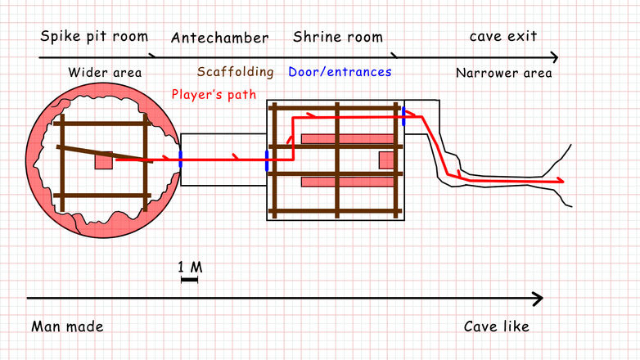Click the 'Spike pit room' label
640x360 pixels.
(x=94, y=37)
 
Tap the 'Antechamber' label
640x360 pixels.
(x=219, y=38)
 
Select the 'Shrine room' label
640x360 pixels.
(x=337, y=37)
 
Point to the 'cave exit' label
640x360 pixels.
(x=503, y=37)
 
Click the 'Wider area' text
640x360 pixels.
(x=105, y=73)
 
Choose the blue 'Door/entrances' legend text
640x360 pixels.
(x=340, y=72)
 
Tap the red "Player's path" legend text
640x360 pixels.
(x=214, y=94)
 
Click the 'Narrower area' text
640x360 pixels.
(x=503, y=73)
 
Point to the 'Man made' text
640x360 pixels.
(x=67, y=326)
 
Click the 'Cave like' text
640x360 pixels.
(x=496, y=326)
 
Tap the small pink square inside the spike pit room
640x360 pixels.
(x=103, y=160)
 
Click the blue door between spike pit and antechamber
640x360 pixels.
(x=180, y=160)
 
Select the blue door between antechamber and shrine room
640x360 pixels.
(x=267, y=160)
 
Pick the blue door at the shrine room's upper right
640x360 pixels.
(x=403, y=115)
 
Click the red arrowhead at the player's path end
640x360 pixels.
(x=560, y=180)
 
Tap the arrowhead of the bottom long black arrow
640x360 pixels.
(x=538, y=299)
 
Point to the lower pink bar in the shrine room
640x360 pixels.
(x=349, y=182)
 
